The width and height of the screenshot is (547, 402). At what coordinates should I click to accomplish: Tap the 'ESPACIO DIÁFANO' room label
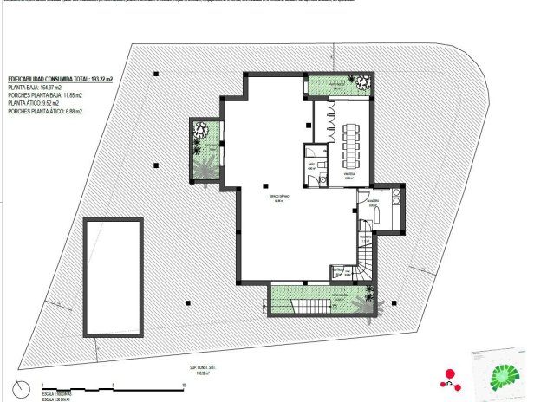point(277,197)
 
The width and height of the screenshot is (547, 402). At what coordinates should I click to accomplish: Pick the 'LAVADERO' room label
point(373,204)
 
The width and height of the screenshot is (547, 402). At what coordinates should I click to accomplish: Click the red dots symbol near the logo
point(450,375)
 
